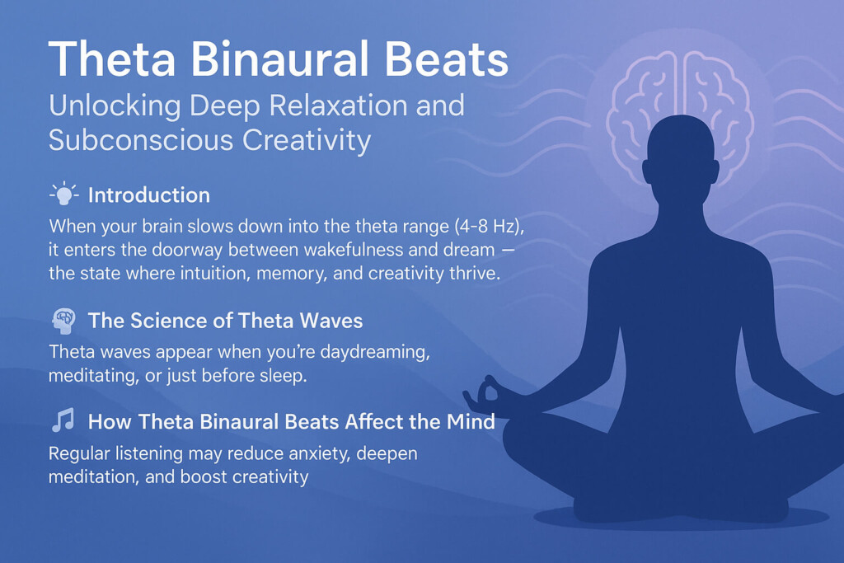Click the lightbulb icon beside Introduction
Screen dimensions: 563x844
[63, 195]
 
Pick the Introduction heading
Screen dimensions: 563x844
[148, 195]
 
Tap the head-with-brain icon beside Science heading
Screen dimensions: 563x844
[63, 321]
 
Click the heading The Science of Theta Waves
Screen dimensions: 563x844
[225, 321]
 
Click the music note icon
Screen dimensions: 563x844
[63, 422]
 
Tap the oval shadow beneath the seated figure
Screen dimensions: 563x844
[680, 518]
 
